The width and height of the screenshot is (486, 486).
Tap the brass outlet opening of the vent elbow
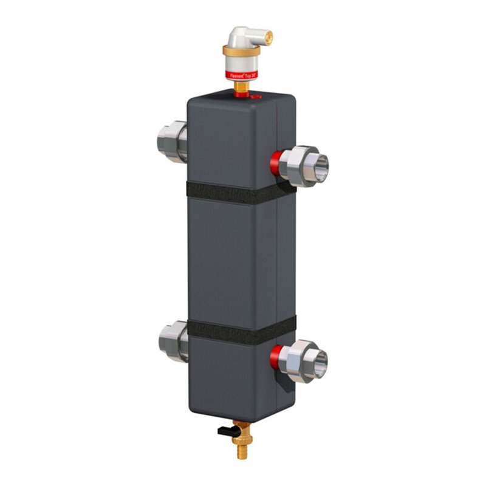tap(270, 38)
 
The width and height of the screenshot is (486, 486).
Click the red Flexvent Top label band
tap(241, 75)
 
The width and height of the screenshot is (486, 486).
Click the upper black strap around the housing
tap(240, 193)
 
